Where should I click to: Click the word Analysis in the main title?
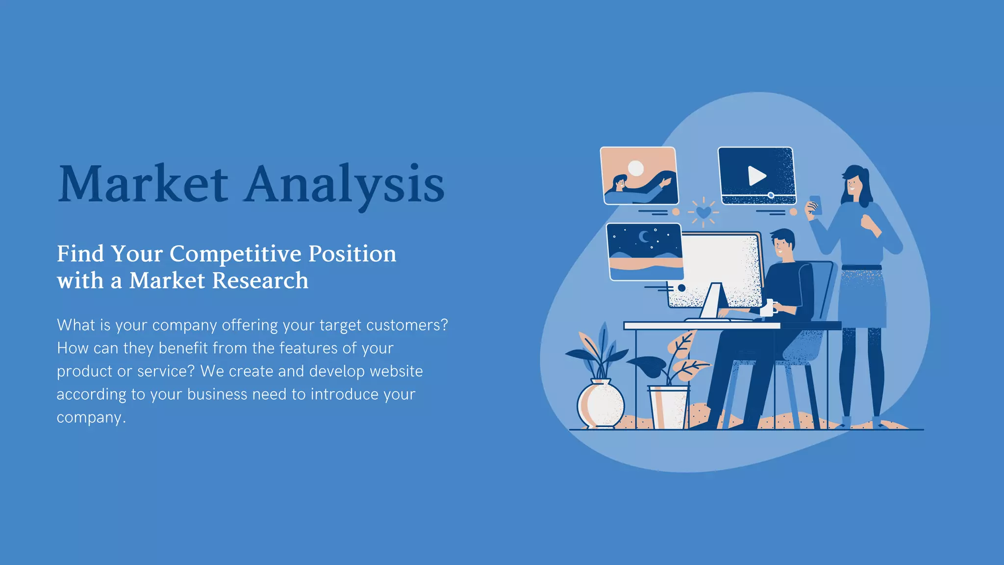tap(344, 184)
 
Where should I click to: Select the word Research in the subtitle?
tap(261, 281)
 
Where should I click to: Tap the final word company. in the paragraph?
tap(91, 417)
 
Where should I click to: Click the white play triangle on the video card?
tap(756, 176)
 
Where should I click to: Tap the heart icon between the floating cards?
tap(703, 212)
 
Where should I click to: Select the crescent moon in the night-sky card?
tap(644, 237)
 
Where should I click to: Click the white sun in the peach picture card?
tap(636, 168)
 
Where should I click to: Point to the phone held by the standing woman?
tap(815, 205)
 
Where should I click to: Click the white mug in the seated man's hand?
tap(768, 308)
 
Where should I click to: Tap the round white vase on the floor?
tap(601, 404)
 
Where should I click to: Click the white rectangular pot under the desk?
tap(669, 407)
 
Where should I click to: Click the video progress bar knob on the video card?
tap(771, 196)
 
